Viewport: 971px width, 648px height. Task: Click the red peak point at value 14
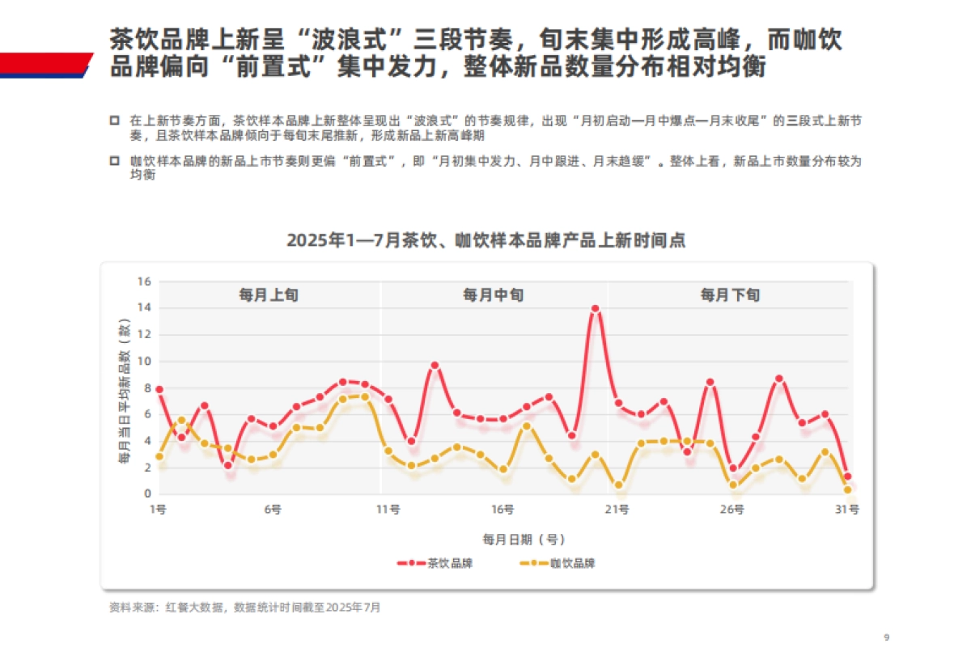pos(595,308)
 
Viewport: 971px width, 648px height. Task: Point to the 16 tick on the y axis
pos(145,282)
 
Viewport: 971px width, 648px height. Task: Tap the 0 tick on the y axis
pos(148,493)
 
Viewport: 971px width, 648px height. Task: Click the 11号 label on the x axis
pos(389,510)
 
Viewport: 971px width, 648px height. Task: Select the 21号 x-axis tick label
pos(617,510)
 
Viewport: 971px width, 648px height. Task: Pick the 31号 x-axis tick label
pos(847,510)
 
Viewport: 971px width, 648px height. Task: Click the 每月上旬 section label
pos(268,295)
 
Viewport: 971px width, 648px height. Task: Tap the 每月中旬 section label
pos(493,295)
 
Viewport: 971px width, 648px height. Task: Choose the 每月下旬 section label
pos(730,295)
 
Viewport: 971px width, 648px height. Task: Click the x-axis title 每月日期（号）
pos(524,539)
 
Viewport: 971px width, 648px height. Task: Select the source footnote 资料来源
pos(244,607)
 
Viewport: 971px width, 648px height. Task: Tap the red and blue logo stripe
pos(45,65)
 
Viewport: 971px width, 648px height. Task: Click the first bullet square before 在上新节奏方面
pos(114,120)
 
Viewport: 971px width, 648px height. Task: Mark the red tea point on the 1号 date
pos(159,389)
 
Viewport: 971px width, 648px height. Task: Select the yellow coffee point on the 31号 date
pos(847,489)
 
